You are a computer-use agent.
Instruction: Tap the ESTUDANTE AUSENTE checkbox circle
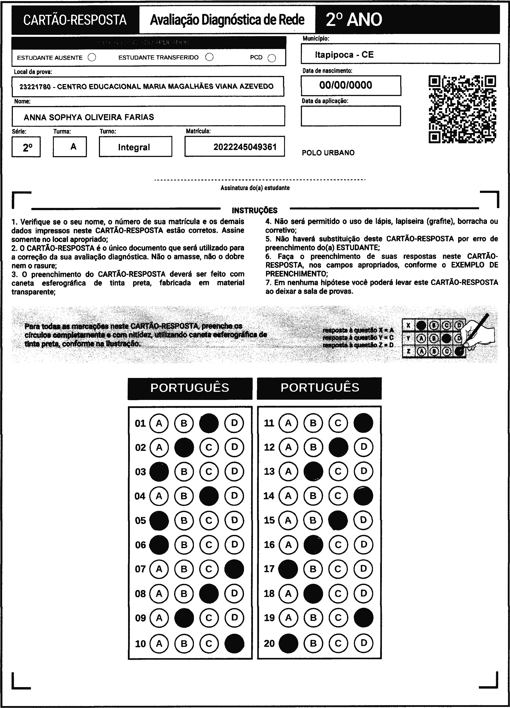92,57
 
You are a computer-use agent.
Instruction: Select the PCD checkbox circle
272,58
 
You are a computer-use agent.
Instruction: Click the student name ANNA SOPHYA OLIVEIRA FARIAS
89,117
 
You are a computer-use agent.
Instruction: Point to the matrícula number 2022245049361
245,147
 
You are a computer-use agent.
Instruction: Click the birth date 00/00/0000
346,85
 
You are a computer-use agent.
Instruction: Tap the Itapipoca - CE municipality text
344,55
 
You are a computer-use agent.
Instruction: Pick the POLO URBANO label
328,153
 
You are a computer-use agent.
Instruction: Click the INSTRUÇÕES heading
254,210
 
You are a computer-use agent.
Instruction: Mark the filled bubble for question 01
209,423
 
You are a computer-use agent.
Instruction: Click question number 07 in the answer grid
140,569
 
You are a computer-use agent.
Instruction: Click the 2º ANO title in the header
354,20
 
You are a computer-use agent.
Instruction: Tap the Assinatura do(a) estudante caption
255,188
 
